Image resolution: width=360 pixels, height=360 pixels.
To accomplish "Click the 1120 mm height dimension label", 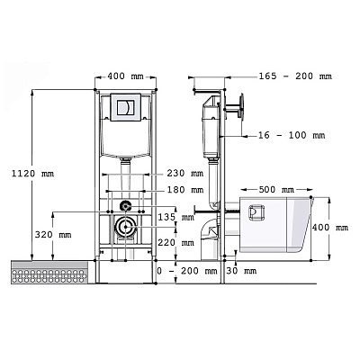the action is pyautogui.click(x=32, y=174).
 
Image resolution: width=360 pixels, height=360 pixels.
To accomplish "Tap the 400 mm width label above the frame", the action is pyautogui.click(x=125, y=76).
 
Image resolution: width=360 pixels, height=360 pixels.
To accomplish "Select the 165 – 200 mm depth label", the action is pyautogui.click(x=295, y=76).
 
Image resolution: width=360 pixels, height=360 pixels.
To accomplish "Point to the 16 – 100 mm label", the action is pyautogui.click(x=292, y=135).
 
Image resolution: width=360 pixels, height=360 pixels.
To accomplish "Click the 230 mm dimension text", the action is pyautogui.click(x=185, y=174).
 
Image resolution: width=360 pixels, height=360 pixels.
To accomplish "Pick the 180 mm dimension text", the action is pyautogui.click(x=185, y=190).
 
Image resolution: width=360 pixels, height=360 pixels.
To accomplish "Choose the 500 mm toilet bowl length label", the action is pyautogui.click(x=276, y=190).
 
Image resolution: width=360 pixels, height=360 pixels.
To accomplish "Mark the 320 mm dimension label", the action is pyautogui.click(x=53, y=234).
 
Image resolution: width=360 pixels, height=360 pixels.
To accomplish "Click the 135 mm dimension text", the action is pyautogui.click(x=176, y=217).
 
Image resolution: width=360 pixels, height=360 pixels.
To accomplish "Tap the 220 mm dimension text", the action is pyautogui.click(x=176, y=242).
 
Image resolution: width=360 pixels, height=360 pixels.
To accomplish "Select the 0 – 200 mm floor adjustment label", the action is pyautogui.click(x=187, y=271).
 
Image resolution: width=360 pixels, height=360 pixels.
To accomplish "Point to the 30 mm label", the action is pyautogui.click(x=241, y=271).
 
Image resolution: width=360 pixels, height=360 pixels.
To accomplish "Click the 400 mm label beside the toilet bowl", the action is pyautogui.click(x=330, y=228).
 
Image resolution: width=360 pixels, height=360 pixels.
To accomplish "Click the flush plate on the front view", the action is pyautogui.click(x=126, y=107).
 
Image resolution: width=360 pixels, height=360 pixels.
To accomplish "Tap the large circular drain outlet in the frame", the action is pyautogui.click(x=126, y=228).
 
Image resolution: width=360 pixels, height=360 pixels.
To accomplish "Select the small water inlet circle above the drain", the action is pyautogui.click(x=125, y=206).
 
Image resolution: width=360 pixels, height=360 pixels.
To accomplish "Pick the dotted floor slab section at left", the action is pyautogui.click(x=49, y=272).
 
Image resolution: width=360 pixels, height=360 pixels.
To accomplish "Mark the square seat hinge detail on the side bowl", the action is pyautogui.click(x=256, y=212).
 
